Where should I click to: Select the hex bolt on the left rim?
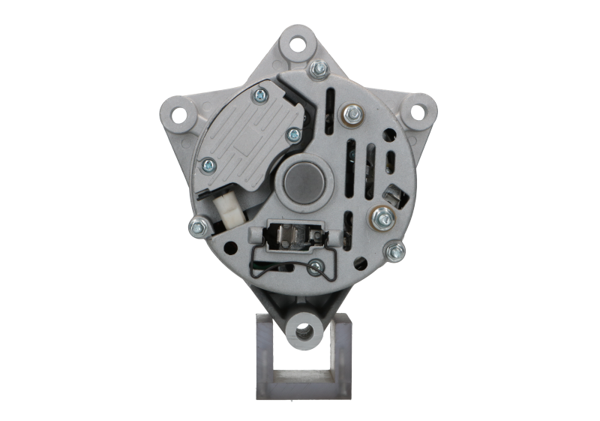tap(199, 224)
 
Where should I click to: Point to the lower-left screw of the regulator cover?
tap(205, 164)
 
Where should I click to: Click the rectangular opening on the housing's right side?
tap(391, 197)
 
